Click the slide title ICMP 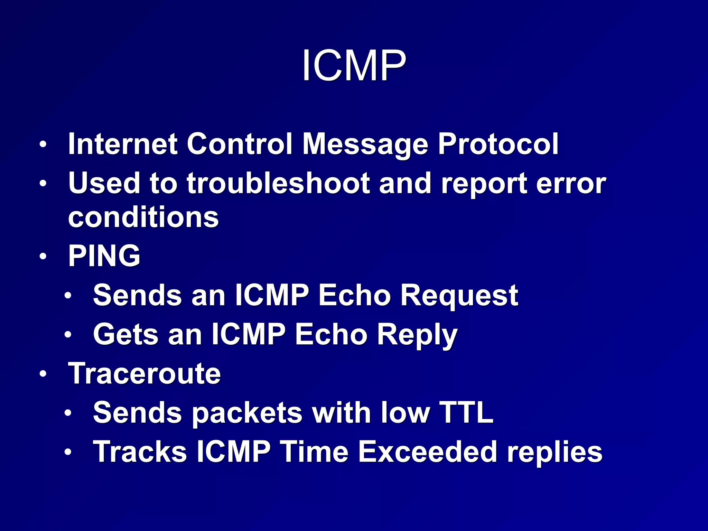(x=354, y=65)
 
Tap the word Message (x=365, y=145)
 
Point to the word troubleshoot (x=279, y=183)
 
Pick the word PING (x=104, y=256)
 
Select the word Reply (x=417, y=335)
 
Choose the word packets (x=247, y=413)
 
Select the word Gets (x=125, y=334)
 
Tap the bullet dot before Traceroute (x=43, y=374)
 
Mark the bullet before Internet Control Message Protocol (x=43, y=145)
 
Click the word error (x=571, y=184)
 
